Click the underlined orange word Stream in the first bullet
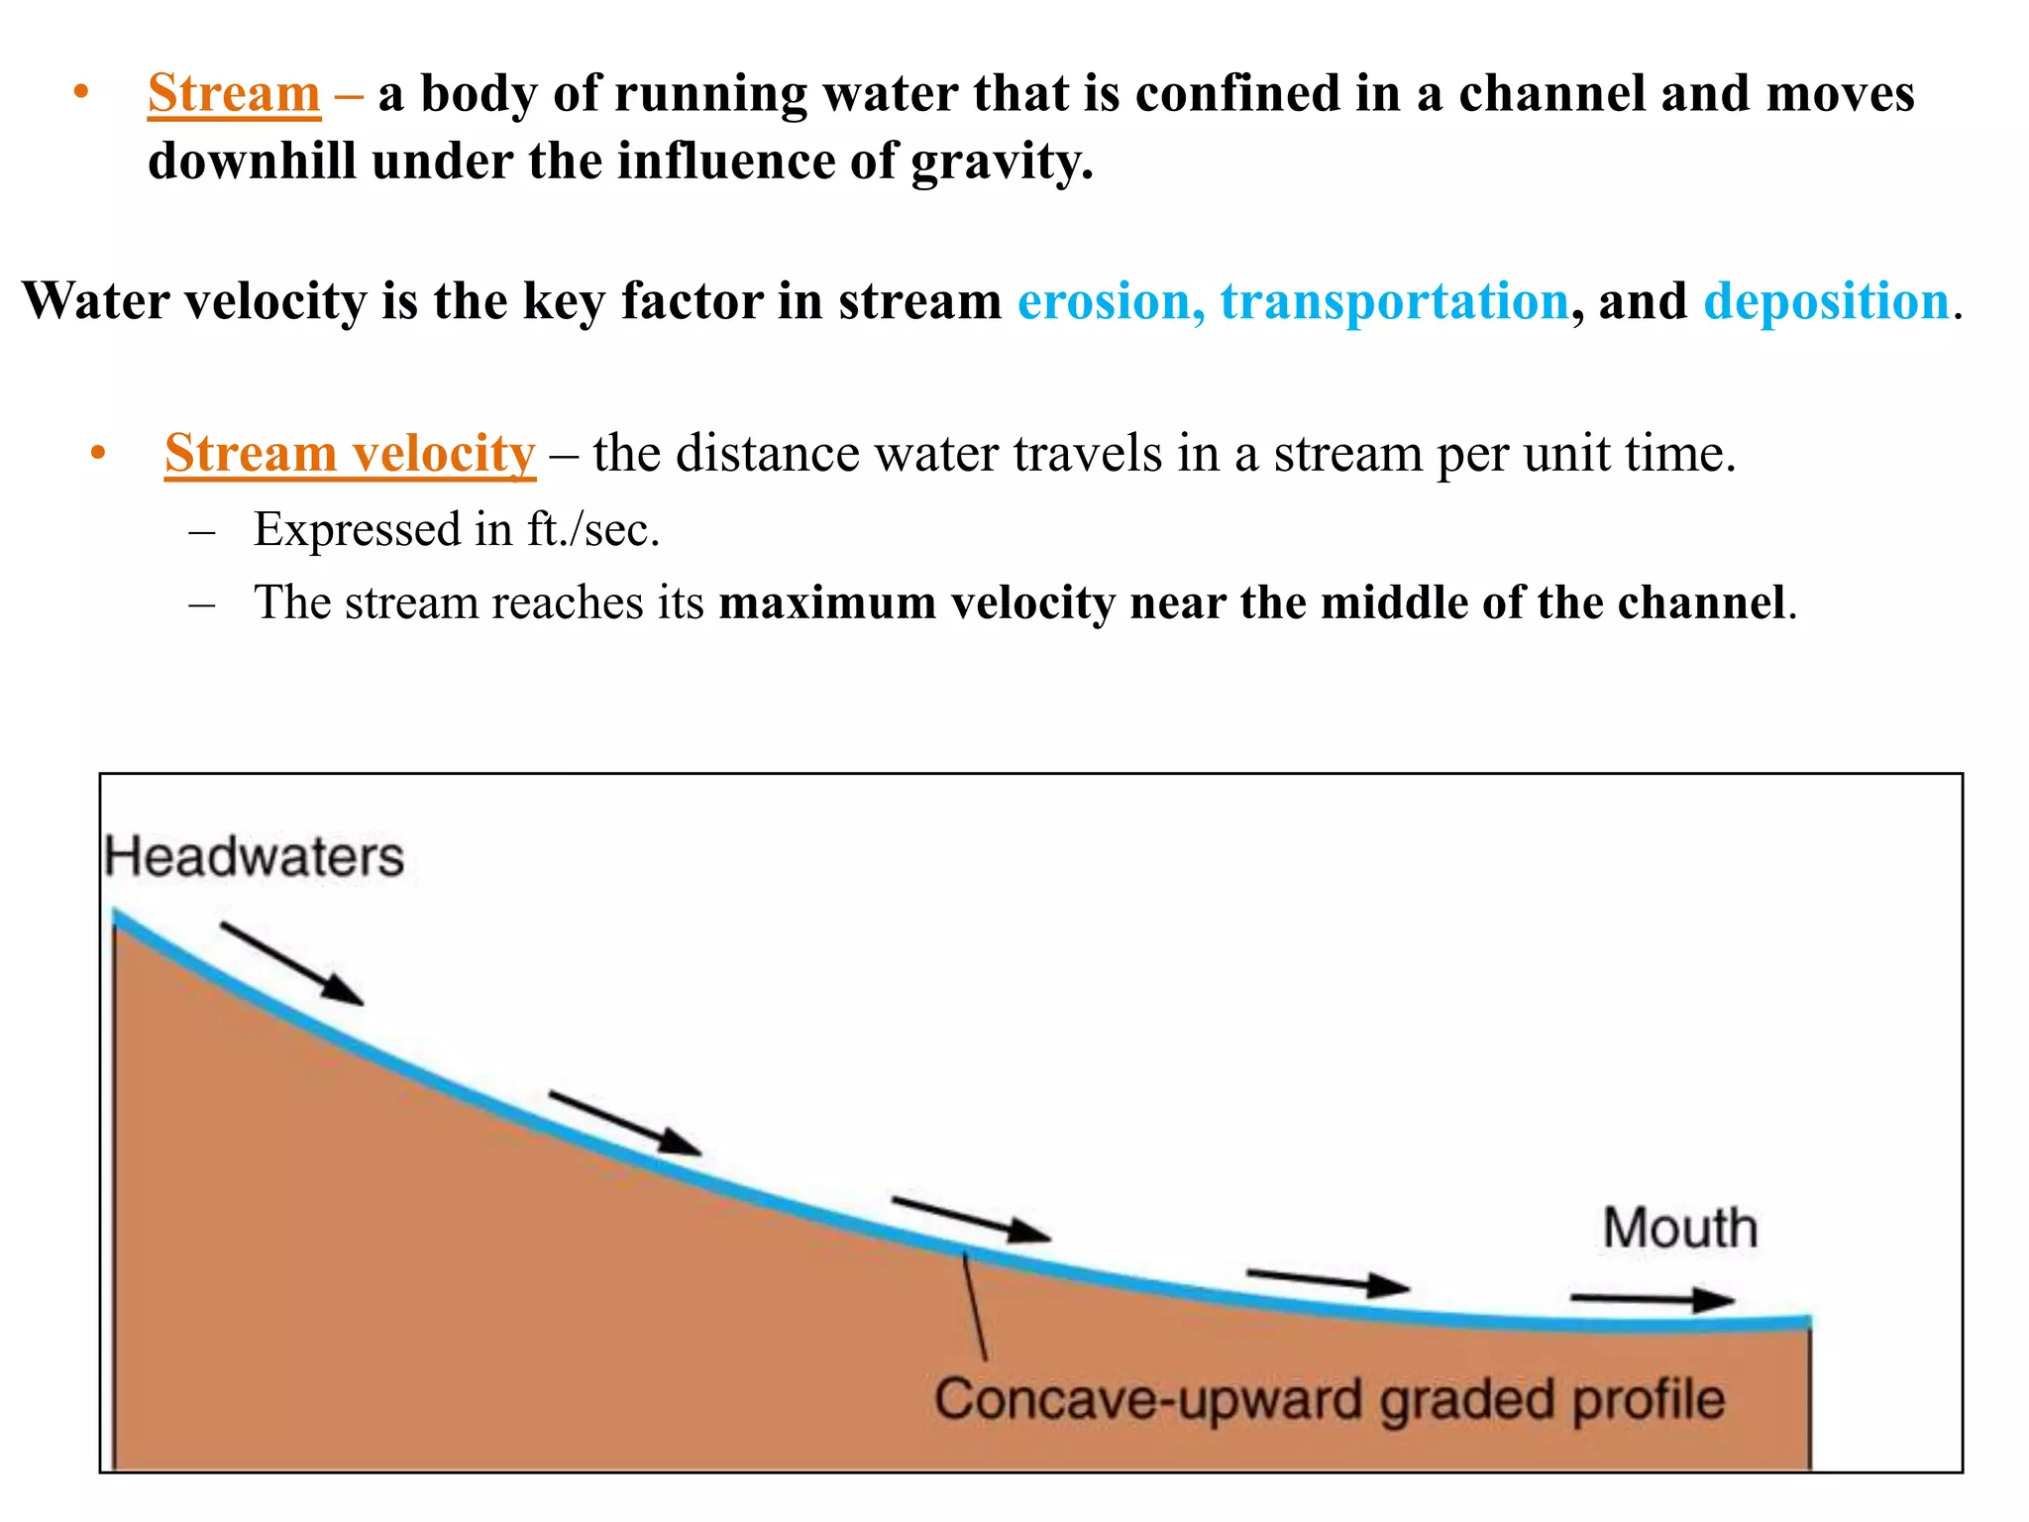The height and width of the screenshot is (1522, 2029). [x=234, y=94]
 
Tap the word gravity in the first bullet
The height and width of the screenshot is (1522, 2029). [x=1001, y=162]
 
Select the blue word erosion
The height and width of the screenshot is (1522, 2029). [x=1110, y=301]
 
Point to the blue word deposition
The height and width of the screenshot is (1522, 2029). [x=1826, y=301]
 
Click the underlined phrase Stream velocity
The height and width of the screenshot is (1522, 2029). [x=350, y=454]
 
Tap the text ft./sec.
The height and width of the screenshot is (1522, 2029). [x=592, y=530]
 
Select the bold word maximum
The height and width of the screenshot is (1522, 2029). [x=827, y=603]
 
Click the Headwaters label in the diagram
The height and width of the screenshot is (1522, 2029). [x=255, y=857]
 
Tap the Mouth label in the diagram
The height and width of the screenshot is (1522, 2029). [x=1680, y=1229]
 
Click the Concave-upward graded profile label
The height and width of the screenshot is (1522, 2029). [x=1329, y=1400]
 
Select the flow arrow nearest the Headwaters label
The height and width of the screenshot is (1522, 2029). [x=291, y=963]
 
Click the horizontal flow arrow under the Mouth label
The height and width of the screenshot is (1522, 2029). [x=1652, y=1299]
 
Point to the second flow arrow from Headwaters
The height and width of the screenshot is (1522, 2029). [x=624, y=1124]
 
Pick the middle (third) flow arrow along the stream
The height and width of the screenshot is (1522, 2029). [x=970, y=1219]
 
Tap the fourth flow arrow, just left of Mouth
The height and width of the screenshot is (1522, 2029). [x=1328, y=1281]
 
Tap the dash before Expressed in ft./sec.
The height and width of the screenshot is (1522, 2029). [x=201, y=531]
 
